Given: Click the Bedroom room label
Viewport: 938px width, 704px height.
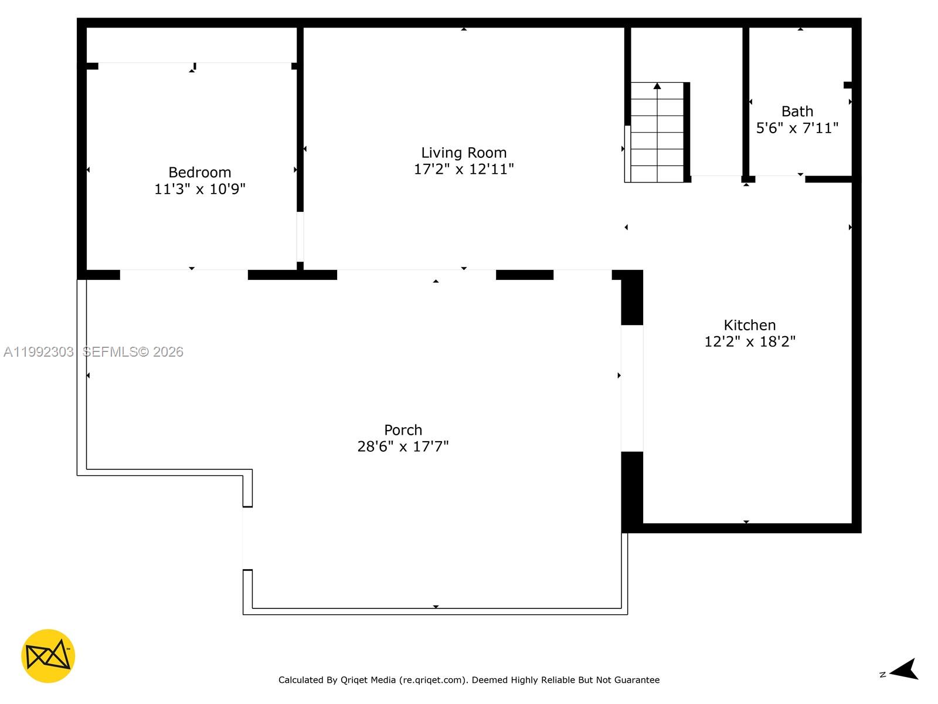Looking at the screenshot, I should coord(199,172).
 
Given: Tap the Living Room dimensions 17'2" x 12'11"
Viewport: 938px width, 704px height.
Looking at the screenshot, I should coord(464,170).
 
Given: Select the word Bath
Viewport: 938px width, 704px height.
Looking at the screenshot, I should coord(797,111).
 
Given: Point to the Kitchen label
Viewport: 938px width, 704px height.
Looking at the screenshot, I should coord(749,325).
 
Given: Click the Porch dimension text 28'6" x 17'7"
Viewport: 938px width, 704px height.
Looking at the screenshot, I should coord(403,446).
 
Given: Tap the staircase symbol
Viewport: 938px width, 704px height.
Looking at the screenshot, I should coord(657,133).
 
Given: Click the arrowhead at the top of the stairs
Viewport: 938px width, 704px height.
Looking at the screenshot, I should coord(657,86).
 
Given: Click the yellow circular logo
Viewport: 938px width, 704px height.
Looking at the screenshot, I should coord(48,656).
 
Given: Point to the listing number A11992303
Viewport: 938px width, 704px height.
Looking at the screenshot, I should coord(39,352).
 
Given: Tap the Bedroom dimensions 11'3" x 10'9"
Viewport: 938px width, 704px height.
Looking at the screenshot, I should coord(199,189).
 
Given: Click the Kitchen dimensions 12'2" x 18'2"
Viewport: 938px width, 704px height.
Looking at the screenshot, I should coord(749,341).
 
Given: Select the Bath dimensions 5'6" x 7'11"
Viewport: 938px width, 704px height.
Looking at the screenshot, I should coord(797,128).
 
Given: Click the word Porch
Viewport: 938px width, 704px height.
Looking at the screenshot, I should coord(403,430).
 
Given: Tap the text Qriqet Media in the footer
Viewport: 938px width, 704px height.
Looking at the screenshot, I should coord(368,680).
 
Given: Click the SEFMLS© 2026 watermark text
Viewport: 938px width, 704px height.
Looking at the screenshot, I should coord(133,352).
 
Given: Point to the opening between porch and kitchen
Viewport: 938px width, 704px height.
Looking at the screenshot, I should coord(632,388).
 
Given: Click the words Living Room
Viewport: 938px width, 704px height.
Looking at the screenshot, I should coord(464,153).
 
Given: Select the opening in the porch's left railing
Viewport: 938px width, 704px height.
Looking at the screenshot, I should coord(247,538).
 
